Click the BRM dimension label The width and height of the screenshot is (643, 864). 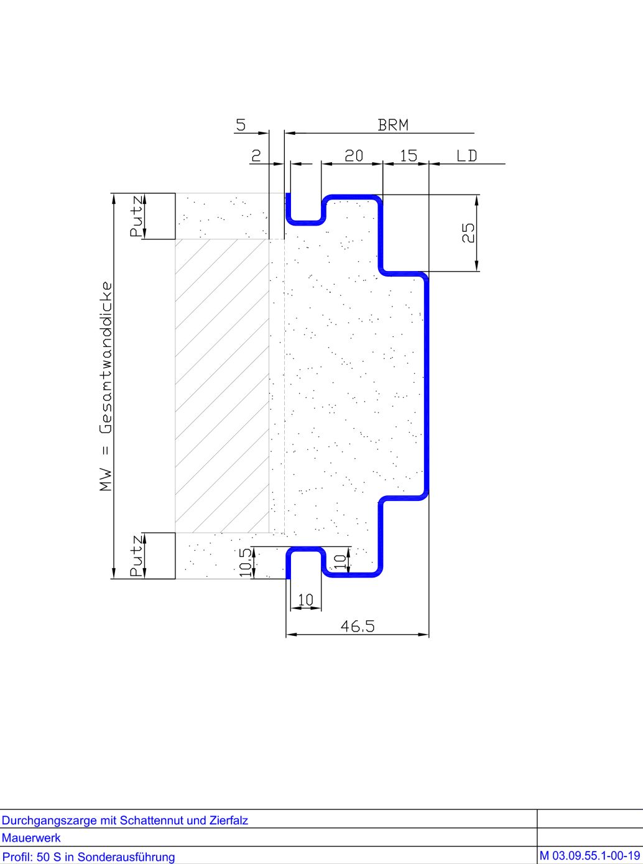(393, 125)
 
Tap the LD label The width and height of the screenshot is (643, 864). (466, 156)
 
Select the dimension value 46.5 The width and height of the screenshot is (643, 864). (358, 626)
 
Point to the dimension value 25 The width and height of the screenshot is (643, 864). (468, 233)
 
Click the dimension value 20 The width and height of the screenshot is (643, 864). (353, 156)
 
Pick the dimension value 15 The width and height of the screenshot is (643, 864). (409, 156)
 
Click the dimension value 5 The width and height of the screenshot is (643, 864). (241, 125)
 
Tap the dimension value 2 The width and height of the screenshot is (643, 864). (256, 156)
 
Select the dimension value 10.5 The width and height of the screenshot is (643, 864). (246, 563)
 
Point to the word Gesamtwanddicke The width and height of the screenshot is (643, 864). (106, 357)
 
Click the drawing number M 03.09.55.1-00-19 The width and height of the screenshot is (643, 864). (590, 855)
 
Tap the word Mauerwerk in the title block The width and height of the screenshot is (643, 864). (31, 837)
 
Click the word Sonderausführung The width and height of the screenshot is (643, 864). (126, 857)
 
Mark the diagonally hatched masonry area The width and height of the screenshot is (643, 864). (222, 385)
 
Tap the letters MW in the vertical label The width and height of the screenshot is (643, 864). (106, 480)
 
